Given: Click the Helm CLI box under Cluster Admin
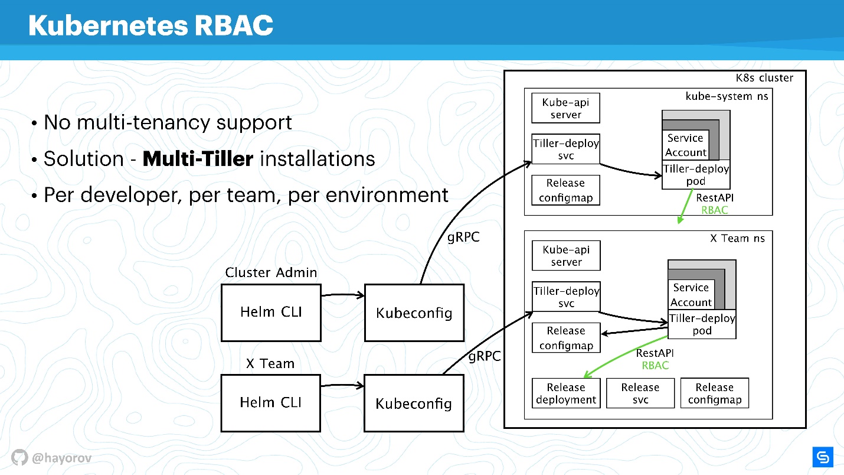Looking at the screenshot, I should [271, 313].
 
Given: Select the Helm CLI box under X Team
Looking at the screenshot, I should [271, 402].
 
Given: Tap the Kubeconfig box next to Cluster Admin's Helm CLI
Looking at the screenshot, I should [414, 313].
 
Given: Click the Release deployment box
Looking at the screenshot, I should [565, 393].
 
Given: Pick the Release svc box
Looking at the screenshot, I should [640, 393].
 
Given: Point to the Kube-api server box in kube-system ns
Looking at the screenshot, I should [565, 109].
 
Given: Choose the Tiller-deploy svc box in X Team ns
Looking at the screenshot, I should [565, 297].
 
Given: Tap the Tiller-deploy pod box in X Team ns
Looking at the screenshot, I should [702, 324].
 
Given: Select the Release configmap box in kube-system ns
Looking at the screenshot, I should [565, 190].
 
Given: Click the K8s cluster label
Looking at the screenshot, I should [764, 78].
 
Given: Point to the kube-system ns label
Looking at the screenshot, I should [727, 96].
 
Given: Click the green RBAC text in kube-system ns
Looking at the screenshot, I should [714, 210].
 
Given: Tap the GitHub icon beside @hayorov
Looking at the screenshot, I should [19, 457].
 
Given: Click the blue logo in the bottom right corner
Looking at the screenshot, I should [822, 457].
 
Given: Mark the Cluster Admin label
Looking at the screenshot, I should [271, 272].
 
